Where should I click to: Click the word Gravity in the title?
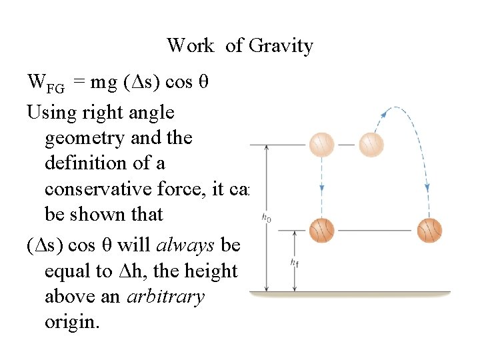pyautogui.click(x=280, y=46)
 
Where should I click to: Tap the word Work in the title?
pyautogui.click(x=191, y=46)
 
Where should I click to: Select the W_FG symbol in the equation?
pyautogui.click(x=45, y=83)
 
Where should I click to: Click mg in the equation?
pyautogui.click(x=103, y=83)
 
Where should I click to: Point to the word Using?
pyautogui.click(x=51, y=112)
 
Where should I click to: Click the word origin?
pyautogui.click(x=72, y=322)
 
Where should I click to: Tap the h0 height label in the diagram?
pyautogui.click(x=266, y=217)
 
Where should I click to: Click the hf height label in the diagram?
pyautogui.click(x=295, y=263)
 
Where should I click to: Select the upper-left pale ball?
pyautogui.click(x=322, y=144)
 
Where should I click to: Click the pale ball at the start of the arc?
pyautogui.click(x=371, y=144)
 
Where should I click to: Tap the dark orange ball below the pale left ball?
pyautogui.click(x=322, y=231)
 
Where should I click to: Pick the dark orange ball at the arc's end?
pyautogui.click(x=429, y=231)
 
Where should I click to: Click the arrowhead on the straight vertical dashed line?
pyautogui.click(x=322, y=187)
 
